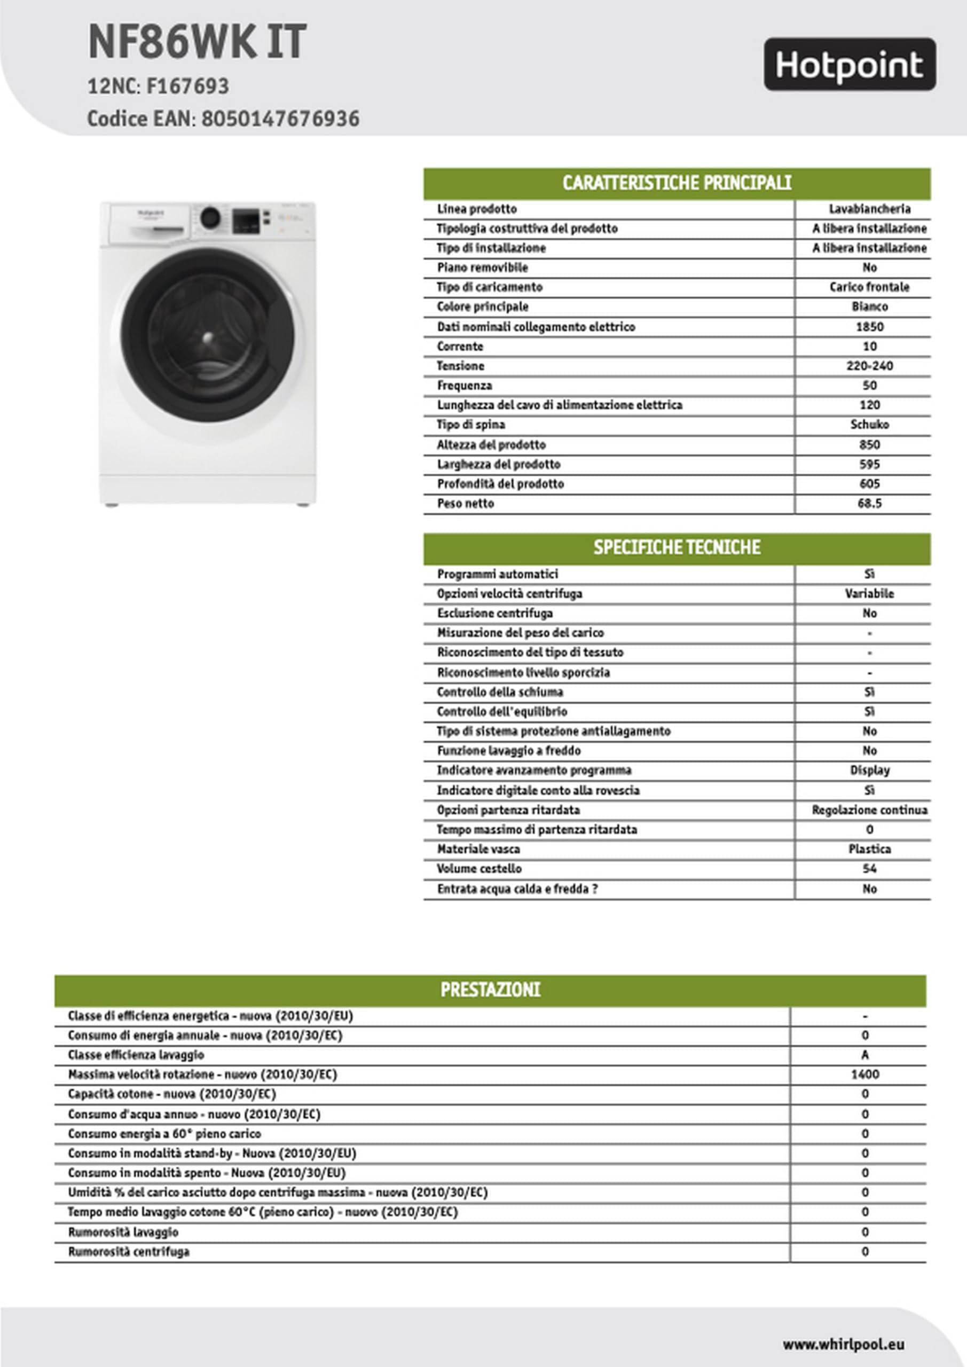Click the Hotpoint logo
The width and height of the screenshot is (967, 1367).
(849, 64)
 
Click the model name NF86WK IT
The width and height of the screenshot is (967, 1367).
(197, 42)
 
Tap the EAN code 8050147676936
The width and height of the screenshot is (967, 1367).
(280, 119)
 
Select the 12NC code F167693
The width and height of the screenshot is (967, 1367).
(187, 87)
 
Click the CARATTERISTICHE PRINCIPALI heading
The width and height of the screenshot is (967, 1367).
(677, 183)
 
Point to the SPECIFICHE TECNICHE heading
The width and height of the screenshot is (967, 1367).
(677, 547)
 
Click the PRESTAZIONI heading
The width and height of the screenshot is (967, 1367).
(490, 989)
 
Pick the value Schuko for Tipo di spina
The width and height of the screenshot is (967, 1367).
(869, 425)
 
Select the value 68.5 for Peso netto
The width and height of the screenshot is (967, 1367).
(869, 503)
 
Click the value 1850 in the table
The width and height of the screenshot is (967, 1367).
(869, 326)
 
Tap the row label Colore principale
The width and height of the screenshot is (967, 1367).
(482, 307)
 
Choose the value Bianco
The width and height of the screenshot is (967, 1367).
(869, 307)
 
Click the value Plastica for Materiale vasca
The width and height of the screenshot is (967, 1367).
(869, 849)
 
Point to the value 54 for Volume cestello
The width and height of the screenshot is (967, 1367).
(869, 869)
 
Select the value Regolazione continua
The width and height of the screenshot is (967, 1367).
(869, 810)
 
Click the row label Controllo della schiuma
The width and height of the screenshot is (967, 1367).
(500, 692)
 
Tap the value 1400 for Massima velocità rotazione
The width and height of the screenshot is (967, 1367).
(864, 1074)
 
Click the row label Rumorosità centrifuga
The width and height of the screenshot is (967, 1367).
(129, 1252)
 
